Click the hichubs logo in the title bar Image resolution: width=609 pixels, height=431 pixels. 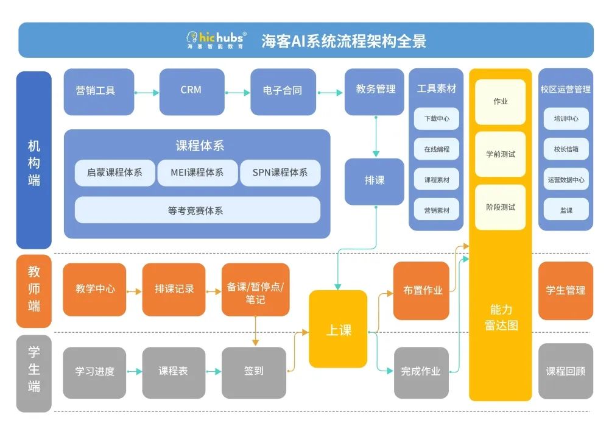pos(216,40)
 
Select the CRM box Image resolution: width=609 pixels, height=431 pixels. pos(191,91)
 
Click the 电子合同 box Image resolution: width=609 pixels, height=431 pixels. pos(282,91)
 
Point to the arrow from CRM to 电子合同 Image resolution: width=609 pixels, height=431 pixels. pos(238,93)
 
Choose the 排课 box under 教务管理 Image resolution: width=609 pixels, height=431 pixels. pos(374,181)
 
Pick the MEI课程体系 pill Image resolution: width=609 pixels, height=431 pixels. pos(197,173)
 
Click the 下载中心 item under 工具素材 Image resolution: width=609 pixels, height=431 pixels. pos(437,119)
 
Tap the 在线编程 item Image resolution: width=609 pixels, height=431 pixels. pos(437,149)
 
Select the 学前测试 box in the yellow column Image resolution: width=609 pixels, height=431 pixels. pos(500,154)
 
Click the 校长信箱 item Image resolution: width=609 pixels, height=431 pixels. pos(566,149)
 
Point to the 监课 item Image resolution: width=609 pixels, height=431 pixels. pos(566,210)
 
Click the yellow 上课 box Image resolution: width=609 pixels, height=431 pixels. pos(338,329)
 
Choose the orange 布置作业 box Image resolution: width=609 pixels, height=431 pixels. pos(421,291)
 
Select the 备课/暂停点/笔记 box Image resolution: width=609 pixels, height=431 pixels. pos(255,291)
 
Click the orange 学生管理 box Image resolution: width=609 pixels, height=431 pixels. pos(565,291)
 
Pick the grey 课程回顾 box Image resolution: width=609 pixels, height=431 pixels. pos(565,371)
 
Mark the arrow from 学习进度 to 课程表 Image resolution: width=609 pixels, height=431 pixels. pos(134,371)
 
